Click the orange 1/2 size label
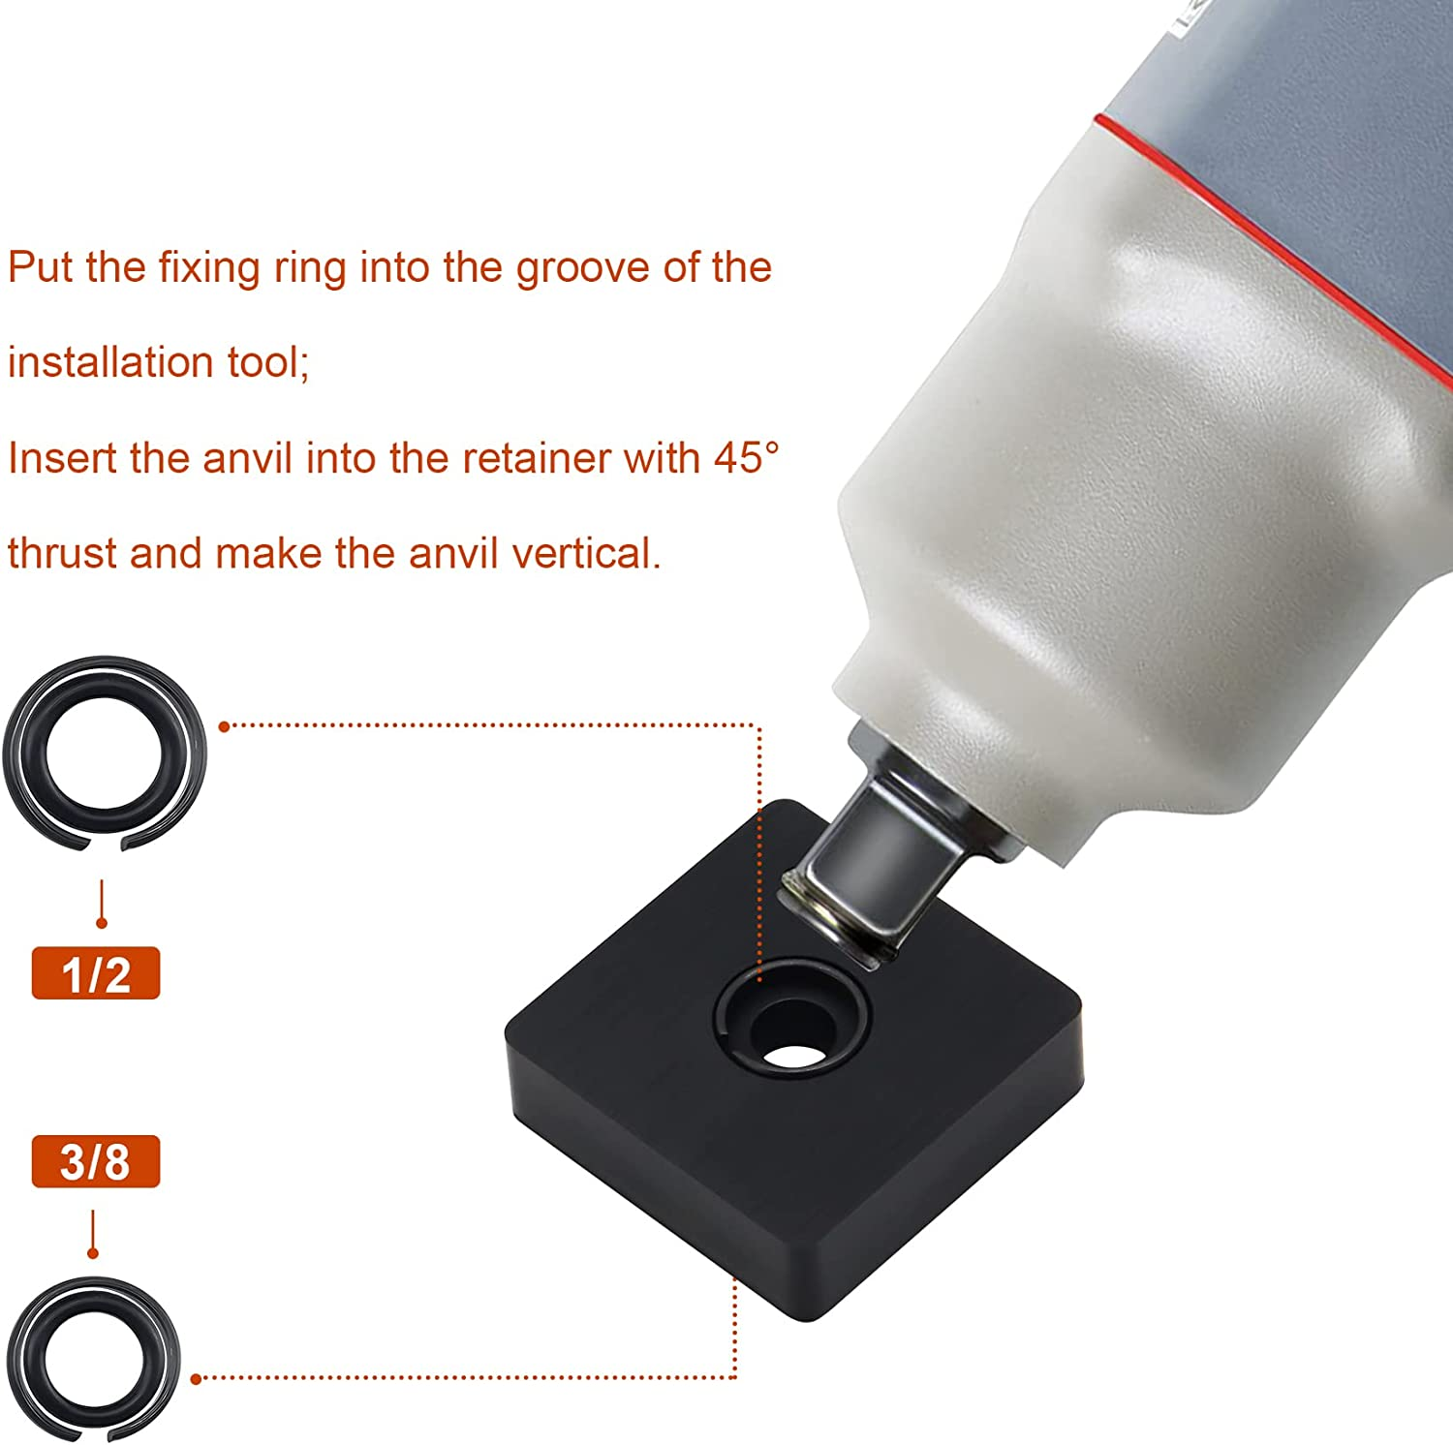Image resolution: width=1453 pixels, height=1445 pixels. tap(95, 973)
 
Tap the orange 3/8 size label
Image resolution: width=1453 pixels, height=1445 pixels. tap(95, 1161)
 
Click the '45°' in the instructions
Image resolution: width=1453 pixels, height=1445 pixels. tap(746, 457)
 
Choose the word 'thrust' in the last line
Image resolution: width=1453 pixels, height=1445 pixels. tap(62, 553)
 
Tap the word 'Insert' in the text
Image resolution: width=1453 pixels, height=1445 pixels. tap(62, 457)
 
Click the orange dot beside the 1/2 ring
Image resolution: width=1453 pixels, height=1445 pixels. tap(224, 725)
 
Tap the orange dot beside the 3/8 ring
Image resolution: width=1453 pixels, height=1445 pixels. tap(197, 1378)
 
